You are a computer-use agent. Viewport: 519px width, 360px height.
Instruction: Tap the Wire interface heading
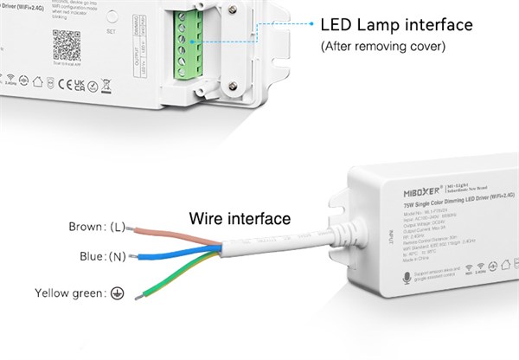pyautogui.click(x=240, y=217)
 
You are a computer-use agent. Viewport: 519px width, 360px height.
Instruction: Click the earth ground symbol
pyautogui.click(x=117, y=293)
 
